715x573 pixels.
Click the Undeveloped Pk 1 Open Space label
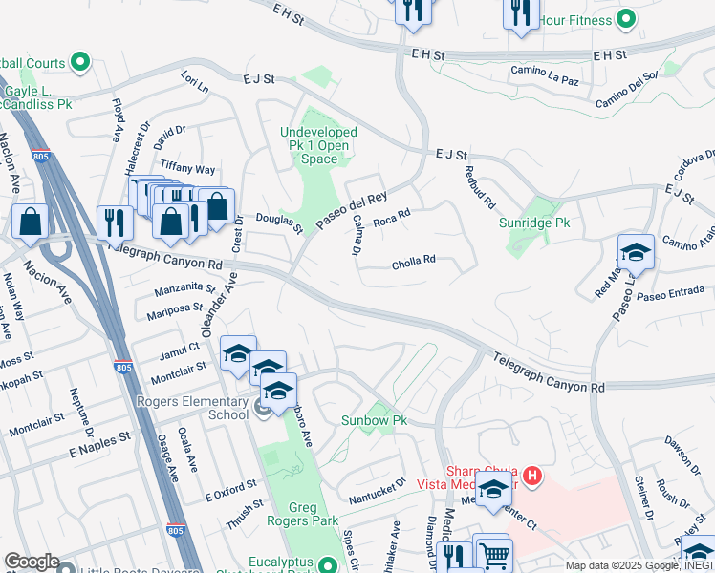click(x=318, y=145)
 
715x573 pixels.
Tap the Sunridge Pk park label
click(x=534, y=223)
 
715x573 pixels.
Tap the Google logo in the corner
click(x=32, y=562)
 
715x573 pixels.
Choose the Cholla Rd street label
click(x=413, y=260)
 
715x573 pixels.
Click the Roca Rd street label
click(x=391, y=220)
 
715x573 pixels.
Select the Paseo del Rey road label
click(x=351, y=206)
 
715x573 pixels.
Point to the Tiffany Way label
click(x=188, y=169)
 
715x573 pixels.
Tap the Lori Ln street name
click(x=195, y=82)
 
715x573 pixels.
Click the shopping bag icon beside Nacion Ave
click(x=32, y=221)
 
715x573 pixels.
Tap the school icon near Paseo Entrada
click(x=636, y=253)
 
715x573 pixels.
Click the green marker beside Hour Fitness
click(x=626, y=18)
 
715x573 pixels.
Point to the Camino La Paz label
click(x=545, y=71)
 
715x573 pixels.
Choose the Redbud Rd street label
click(x=479, y=187)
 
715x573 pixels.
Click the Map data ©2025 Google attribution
click(x=638, y=565)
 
